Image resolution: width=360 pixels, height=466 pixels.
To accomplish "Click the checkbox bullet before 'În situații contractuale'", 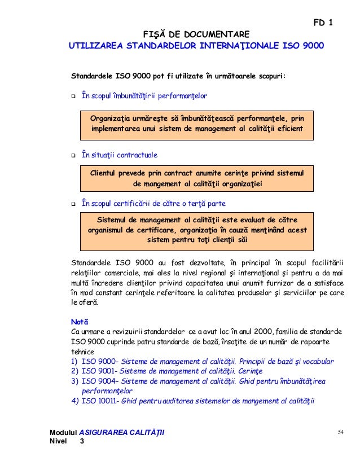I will (73, 155).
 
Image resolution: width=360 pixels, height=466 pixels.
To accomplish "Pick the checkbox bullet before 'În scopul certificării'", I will (73, 203).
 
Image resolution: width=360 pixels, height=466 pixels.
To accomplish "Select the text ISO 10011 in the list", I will (102, 402).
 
